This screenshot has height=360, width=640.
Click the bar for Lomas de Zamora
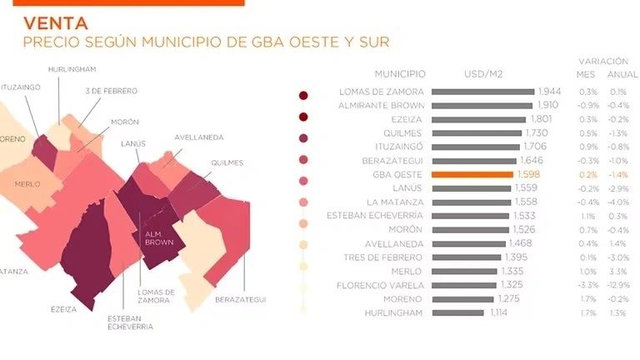click(x=484, y=92)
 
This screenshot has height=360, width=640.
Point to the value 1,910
click(x=547, y=106)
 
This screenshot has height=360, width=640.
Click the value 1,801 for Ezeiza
click(x=542, y=119)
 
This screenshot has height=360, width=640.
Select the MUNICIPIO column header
click(x=399, y=74)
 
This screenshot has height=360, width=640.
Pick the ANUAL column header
click(x=623, y=74)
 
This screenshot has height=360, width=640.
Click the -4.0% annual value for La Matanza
click(x=618, y=202)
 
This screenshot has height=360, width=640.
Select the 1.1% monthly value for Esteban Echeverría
click(x=587, y=216)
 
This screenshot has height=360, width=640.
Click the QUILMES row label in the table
click(x=403, y=133)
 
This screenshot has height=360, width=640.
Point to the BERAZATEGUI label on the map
click(x=239, y=298)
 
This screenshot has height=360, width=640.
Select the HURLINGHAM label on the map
click(x=72, y=69)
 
